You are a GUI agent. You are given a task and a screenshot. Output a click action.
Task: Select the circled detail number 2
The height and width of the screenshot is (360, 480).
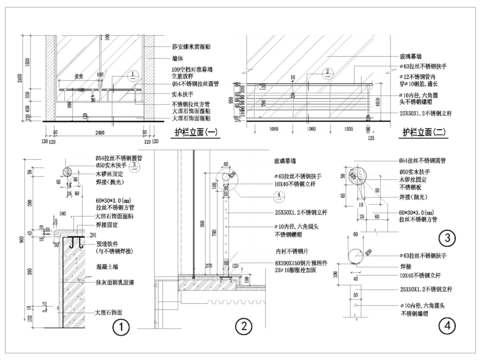pyautogui.click(x=241, y=326)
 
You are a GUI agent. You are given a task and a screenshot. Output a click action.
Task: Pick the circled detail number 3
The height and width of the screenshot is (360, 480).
pyautogui.click(x=448, y=237)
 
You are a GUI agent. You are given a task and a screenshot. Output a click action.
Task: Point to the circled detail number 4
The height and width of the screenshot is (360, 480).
pyautogui.click(x=447, y=323)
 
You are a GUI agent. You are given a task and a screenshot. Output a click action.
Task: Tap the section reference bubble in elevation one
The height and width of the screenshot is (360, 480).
pyautogui.click(x=132, y=74)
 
